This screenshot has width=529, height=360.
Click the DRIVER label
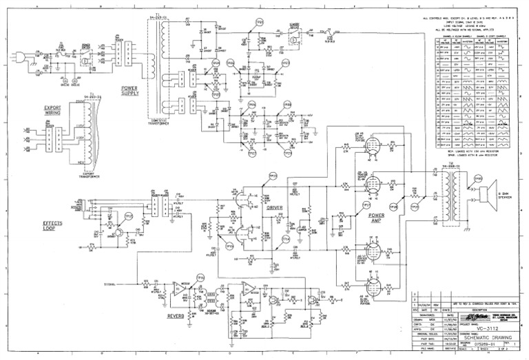click(x=275, y=207)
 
